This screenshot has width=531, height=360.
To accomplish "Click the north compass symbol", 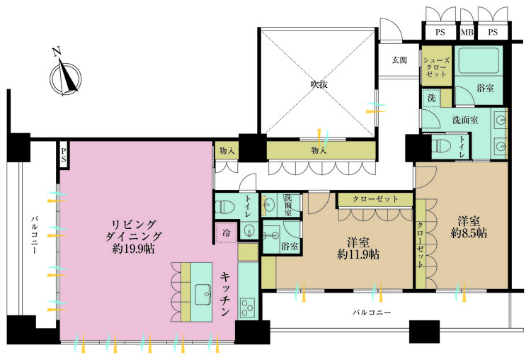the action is coord(65,77).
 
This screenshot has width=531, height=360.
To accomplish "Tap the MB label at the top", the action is coord(467,32).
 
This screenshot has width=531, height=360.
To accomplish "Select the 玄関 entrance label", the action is coord(399,60).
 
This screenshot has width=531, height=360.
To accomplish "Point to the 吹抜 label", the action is coord(319,84).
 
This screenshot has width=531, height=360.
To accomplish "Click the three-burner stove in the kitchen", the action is coord(247,308).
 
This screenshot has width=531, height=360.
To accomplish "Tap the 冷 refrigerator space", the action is coord(227,233).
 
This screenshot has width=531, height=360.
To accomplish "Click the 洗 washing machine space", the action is coord(431,99).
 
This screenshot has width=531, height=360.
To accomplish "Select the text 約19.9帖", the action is coord(133,249).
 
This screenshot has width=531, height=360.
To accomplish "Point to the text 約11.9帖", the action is coord(358,254).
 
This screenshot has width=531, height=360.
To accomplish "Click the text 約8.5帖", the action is coord(469,233).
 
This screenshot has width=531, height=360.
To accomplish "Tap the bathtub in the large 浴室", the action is coord(477,60).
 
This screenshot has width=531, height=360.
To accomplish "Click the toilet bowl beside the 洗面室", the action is coord(442,146).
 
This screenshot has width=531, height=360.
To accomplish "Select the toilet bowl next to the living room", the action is coord(225,207).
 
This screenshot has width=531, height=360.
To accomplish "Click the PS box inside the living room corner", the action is coord(64,154).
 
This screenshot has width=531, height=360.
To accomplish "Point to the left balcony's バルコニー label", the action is coord(34,234).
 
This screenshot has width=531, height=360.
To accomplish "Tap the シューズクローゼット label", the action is coord(437,67).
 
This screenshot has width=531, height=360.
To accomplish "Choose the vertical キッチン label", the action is coord(225,293).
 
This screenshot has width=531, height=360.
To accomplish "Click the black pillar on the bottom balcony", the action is coord(424,332).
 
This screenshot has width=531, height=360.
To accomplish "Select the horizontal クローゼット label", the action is coord(375,199).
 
